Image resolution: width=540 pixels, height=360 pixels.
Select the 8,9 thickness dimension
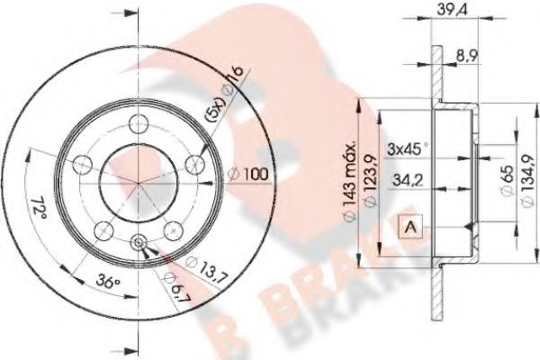466,56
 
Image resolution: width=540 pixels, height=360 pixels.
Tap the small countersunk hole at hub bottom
138,242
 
